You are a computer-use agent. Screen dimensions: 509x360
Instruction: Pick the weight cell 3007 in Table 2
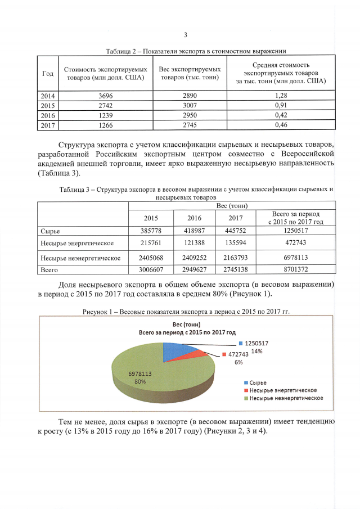pyautogui.click(x=187, y=106)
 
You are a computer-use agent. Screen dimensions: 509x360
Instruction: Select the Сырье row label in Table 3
pyautogui.click(x=51, y=231)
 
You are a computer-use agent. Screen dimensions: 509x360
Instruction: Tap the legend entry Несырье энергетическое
pyautogui.click(x=283, y=390)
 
